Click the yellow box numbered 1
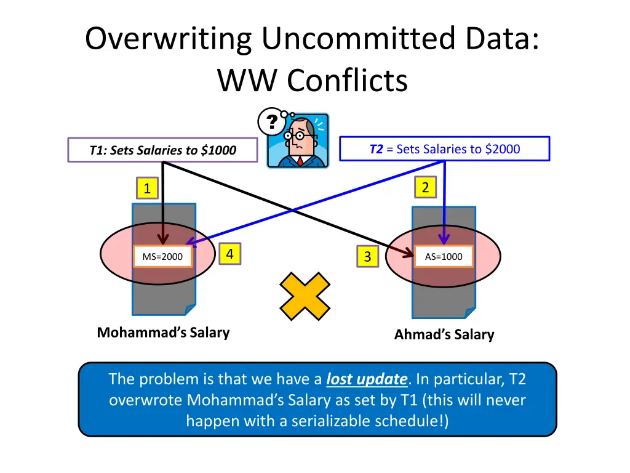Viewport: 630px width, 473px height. (146, 188)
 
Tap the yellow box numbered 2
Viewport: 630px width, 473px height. (425, 187)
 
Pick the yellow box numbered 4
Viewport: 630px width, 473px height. (229, 253)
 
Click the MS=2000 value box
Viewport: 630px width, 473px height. (162, 257)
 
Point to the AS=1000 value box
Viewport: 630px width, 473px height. (444, 256)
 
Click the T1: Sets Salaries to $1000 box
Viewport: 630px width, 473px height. (162, 150)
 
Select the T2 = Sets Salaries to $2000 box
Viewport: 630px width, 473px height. (444, 149)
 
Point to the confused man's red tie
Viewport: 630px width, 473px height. (300, 161)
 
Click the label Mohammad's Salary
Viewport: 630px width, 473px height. (163, 333)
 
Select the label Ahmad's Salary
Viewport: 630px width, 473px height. (444, 334)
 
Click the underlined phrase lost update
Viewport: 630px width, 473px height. (367, 379)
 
